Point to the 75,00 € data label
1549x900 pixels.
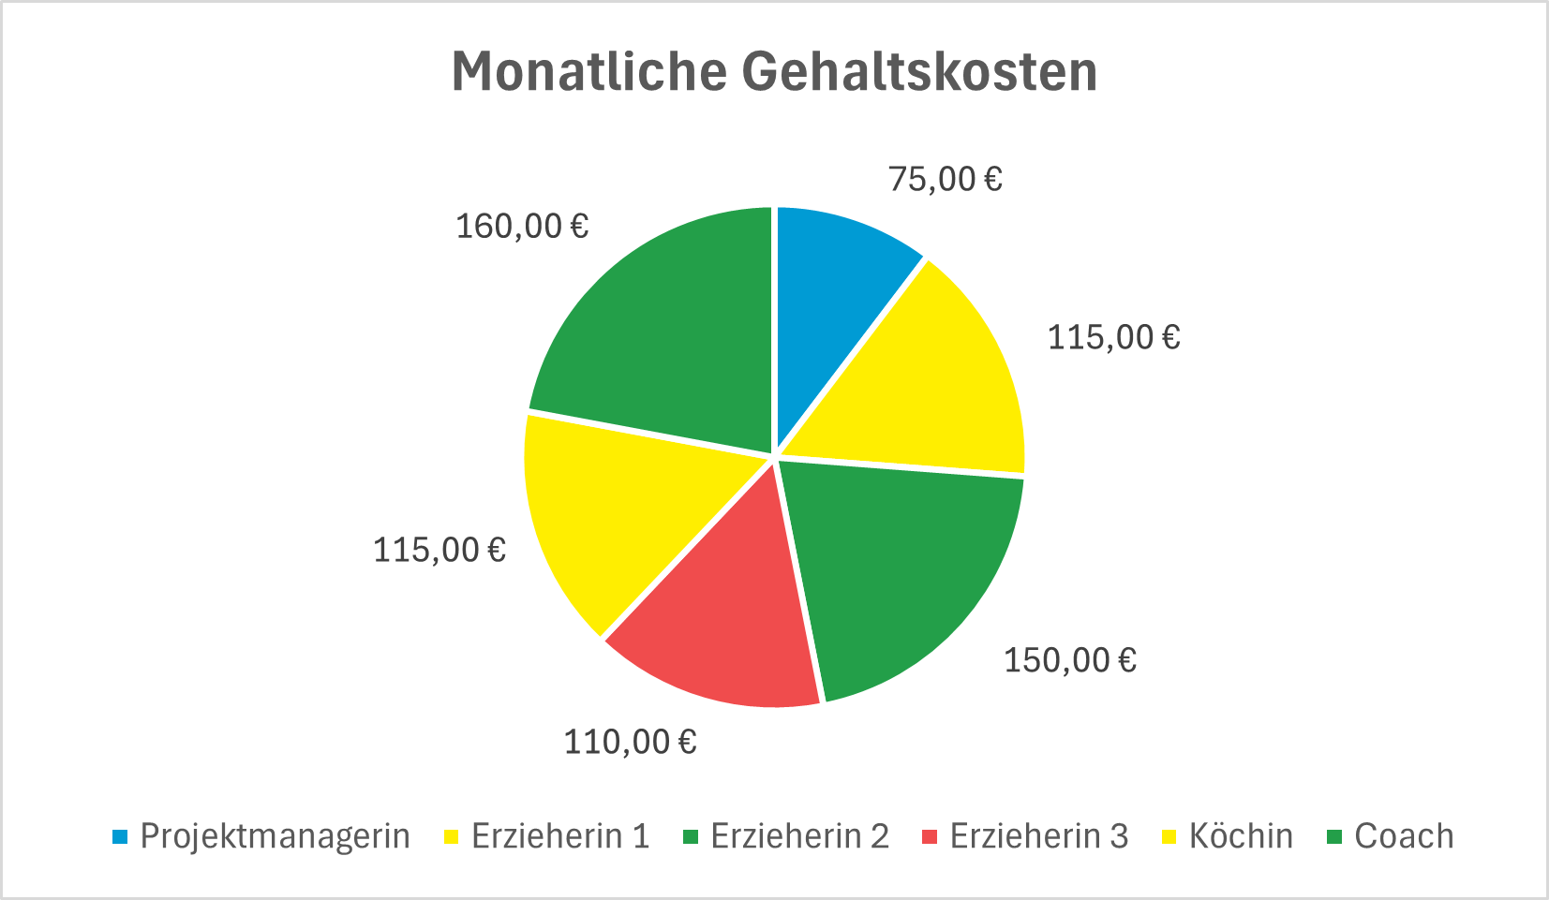click(945, 178)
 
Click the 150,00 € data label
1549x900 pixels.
click(1070, 660)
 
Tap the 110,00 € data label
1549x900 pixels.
click(630, 742)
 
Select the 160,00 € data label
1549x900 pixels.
click(522, 226)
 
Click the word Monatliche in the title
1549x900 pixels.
click(588, 71)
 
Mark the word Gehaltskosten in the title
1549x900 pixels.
click(919, 71)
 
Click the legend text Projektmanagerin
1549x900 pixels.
click(275, 835)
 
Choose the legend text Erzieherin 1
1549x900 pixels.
click(560, 835)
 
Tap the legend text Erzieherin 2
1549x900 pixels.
click(799, 835)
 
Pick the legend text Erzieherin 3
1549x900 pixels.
click(1038, 835)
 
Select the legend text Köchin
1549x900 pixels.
click(1241, 835)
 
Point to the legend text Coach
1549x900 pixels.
click(1404, 835)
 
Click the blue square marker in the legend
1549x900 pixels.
click(119, 836)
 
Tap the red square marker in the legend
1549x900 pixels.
click(930, 836)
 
